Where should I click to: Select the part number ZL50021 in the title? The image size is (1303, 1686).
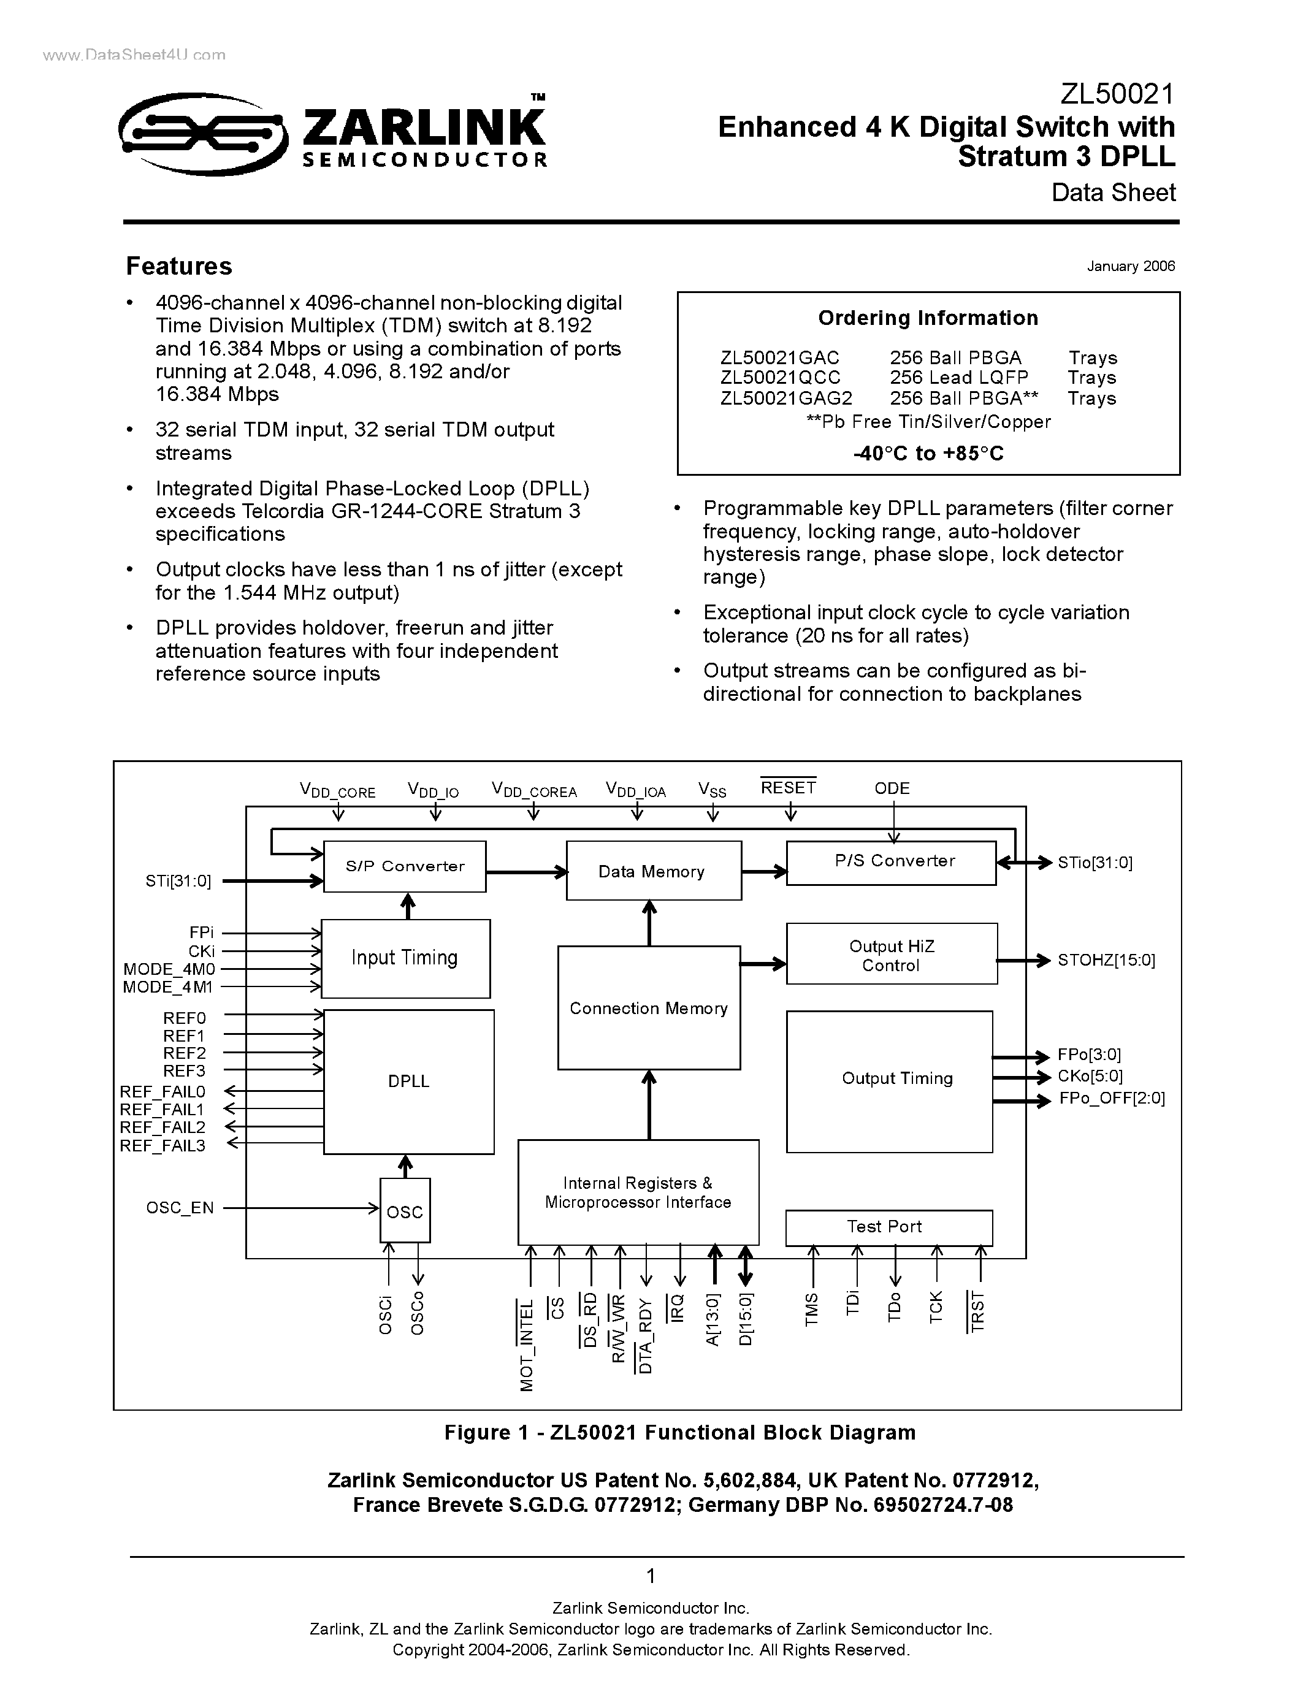pos(1116,94)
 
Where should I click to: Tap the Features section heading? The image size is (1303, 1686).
pos(179,266)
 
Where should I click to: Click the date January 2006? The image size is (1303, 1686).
pos(1130,266)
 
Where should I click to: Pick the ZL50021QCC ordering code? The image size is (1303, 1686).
pos(779,378)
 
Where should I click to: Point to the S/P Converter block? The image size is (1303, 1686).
pos(405,866)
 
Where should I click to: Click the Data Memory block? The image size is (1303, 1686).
pos(653,871)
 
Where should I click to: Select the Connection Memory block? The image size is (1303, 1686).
pos(648,1008)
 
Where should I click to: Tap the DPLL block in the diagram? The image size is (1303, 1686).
pos(408,1081)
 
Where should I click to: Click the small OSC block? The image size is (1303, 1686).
pos(405,1211)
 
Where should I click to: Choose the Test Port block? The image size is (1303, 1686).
pos(888,1227)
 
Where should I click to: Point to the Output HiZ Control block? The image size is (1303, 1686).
pos(891,955)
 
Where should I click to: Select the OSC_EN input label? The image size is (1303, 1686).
pos(180,1207)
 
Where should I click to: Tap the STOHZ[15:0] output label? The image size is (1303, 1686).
pos(1106,960)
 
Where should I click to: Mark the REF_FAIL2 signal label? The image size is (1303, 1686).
pos(163,1127)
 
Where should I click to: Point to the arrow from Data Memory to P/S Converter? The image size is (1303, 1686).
pos(763,872)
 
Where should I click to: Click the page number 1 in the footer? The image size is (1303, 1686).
pos(651,1576)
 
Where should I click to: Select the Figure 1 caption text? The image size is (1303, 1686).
pos(679,1433)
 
